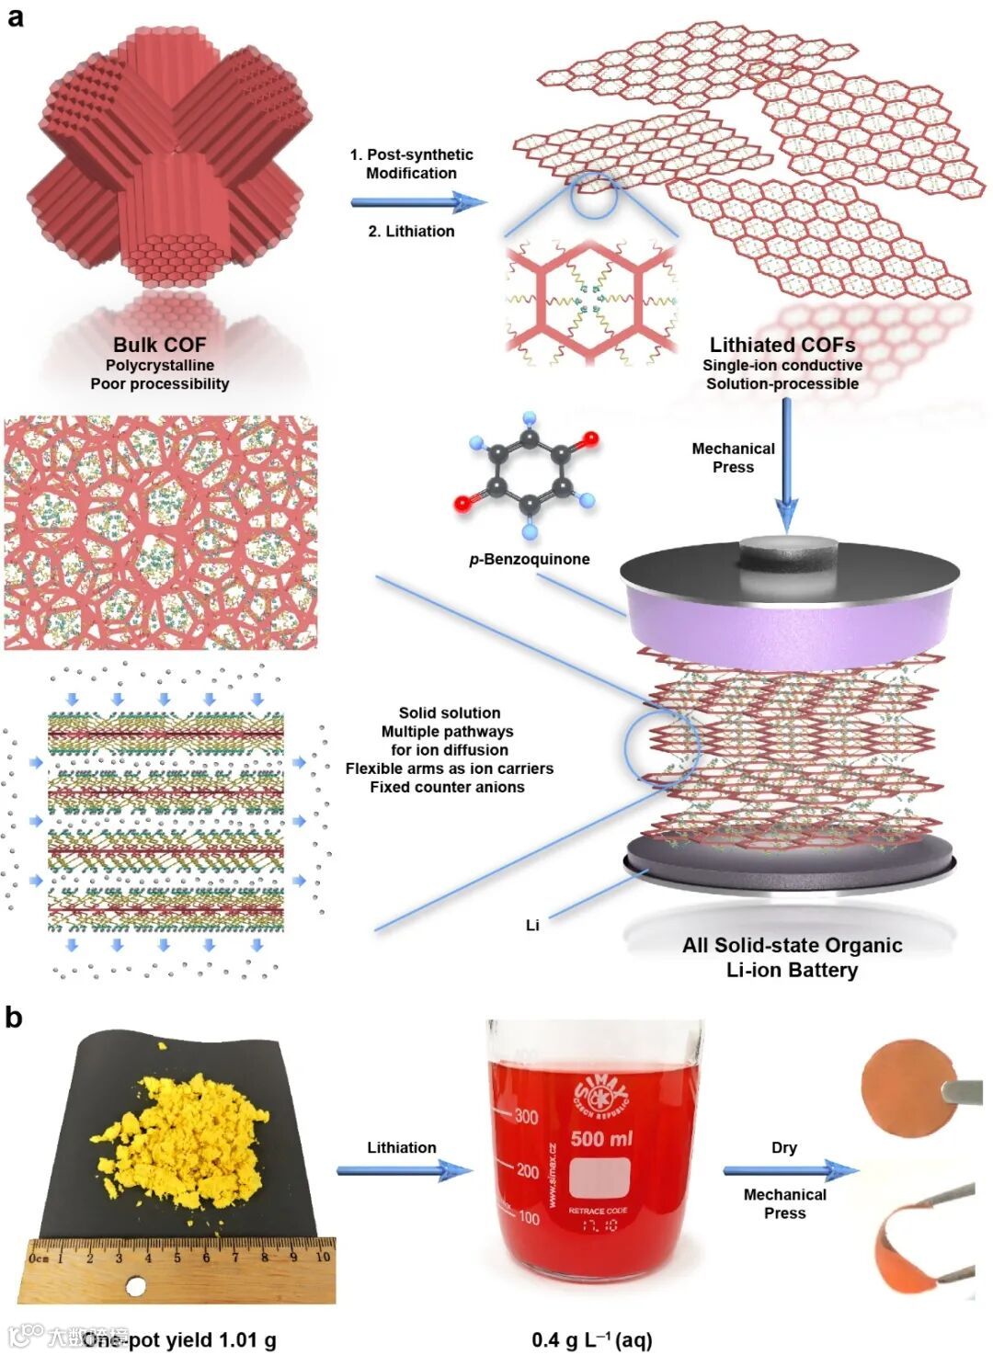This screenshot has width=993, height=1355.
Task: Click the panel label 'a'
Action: point(15,17)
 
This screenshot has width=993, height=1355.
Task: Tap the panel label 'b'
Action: point(14,1018)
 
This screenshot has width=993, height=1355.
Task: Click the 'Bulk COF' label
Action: point(159,345)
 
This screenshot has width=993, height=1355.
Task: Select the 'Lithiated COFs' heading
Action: point(782,345)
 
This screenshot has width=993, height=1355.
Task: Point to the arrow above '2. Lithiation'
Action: point(418,202)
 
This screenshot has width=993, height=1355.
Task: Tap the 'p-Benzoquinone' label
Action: point(530,559)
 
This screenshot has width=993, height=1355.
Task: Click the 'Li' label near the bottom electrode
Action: point(532,926)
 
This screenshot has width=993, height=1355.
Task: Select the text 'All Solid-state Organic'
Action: point(792,945)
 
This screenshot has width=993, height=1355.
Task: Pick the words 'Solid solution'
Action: point(450,712)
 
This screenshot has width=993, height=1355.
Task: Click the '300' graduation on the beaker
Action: point(526,1117)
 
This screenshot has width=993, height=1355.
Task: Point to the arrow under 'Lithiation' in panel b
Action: point(405,1170)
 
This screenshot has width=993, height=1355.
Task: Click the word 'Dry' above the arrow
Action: point(784,1147)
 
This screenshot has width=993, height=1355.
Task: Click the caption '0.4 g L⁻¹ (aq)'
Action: point(591,1339)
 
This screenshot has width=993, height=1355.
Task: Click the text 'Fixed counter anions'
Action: point(447,787)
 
